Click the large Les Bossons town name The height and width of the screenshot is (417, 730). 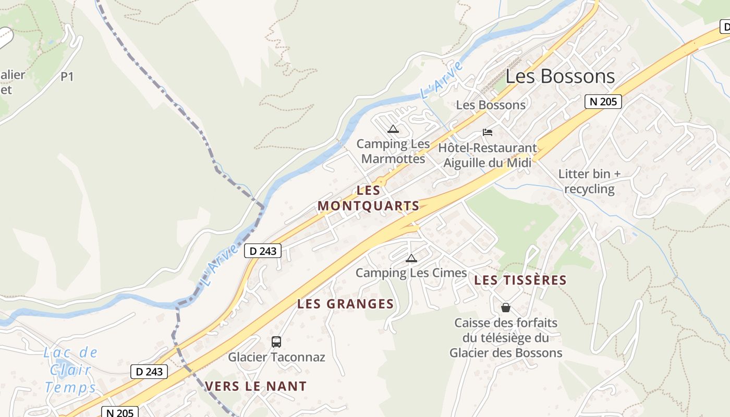click(x=560, y=77)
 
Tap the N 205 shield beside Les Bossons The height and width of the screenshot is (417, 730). click(x=603, y=101)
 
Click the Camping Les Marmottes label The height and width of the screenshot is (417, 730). click(x=393, y=151)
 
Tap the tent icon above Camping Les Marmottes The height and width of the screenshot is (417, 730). click(x=393, y=129)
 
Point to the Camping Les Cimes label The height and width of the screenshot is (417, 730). click(x=411, y=273)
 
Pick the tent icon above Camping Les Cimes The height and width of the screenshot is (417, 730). click(x=411, y=258)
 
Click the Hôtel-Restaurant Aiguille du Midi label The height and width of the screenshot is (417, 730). click(x=488, y=155)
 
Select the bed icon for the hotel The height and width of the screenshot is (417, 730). click(x=488, y=132)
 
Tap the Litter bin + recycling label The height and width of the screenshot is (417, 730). click(x=589, y=181)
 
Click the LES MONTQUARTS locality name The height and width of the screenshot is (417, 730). click(x=369, y=198)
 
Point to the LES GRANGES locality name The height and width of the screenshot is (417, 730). click(x=345, y=304)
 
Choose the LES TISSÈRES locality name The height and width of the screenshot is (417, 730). click(x=520, y=280)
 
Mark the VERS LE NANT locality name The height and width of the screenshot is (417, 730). click(x=256, y=386)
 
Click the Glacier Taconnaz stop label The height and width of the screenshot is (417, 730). click(x=276, y=357)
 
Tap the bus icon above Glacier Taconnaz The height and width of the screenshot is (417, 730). click(x=276, y=342)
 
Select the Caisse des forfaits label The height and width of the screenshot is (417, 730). click(x=506, y=338)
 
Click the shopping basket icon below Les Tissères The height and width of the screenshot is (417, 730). click(x=505, y=308)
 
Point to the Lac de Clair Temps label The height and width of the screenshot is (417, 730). click(x=71, y=370)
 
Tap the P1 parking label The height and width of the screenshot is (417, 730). click(x=67, y=77)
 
